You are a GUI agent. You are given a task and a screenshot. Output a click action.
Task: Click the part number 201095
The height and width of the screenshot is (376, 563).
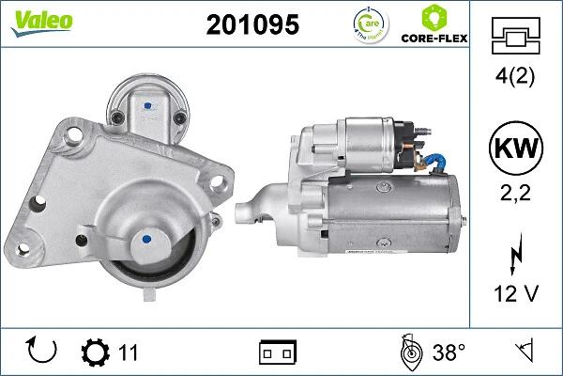tap(251, 26)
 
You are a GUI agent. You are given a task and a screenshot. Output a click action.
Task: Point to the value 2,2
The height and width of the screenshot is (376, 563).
tap(517, 195)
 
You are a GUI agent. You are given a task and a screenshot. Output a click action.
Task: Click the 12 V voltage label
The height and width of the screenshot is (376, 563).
tap(517, 294)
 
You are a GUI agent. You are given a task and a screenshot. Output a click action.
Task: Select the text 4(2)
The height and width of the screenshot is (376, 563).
tap(517, 77)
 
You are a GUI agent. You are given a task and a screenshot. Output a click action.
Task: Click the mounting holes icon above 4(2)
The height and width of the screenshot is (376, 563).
tap(517, 38)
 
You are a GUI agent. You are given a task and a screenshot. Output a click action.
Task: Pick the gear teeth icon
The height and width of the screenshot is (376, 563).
tap(96, 352)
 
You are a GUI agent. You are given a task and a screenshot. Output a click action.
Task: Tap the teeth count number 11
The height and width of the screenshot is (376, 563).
tap(129, 353)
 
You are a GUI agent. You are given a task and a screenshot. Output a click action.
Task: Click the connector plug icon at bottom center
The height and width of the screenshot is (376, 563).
tap(278, 353)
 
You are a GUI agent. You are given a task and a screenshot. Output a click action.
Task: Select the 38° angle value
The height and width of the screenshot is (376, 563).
tap(449, 353)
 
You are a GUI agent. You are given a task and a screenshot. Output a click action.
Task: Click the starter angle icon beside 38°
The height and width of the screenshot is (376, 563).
tap(410, 352)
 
